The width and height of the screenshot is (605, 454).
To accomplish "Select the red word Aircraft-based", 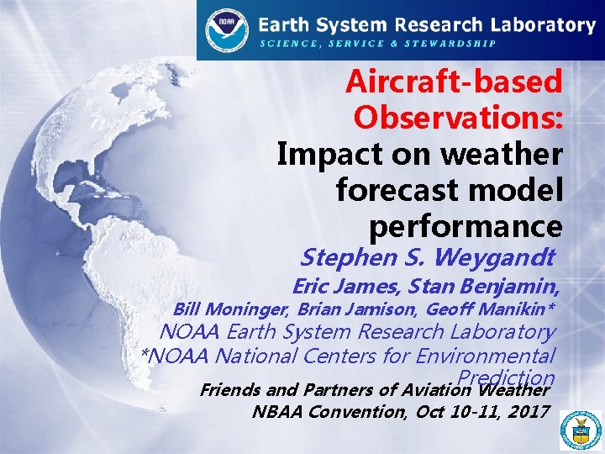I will [x=454, y=82].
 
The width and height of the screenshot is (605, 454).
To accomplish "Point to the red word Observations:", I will [x=457, y=118].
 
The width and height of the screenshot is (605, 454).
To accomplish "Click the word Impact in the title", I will [x=327, y=154].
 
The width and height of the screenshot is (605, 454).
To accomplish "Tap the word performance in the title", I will [x=465, y=227].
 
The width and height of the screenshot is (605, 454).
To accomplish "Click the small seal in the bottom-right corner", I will [x=581, y=430].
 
